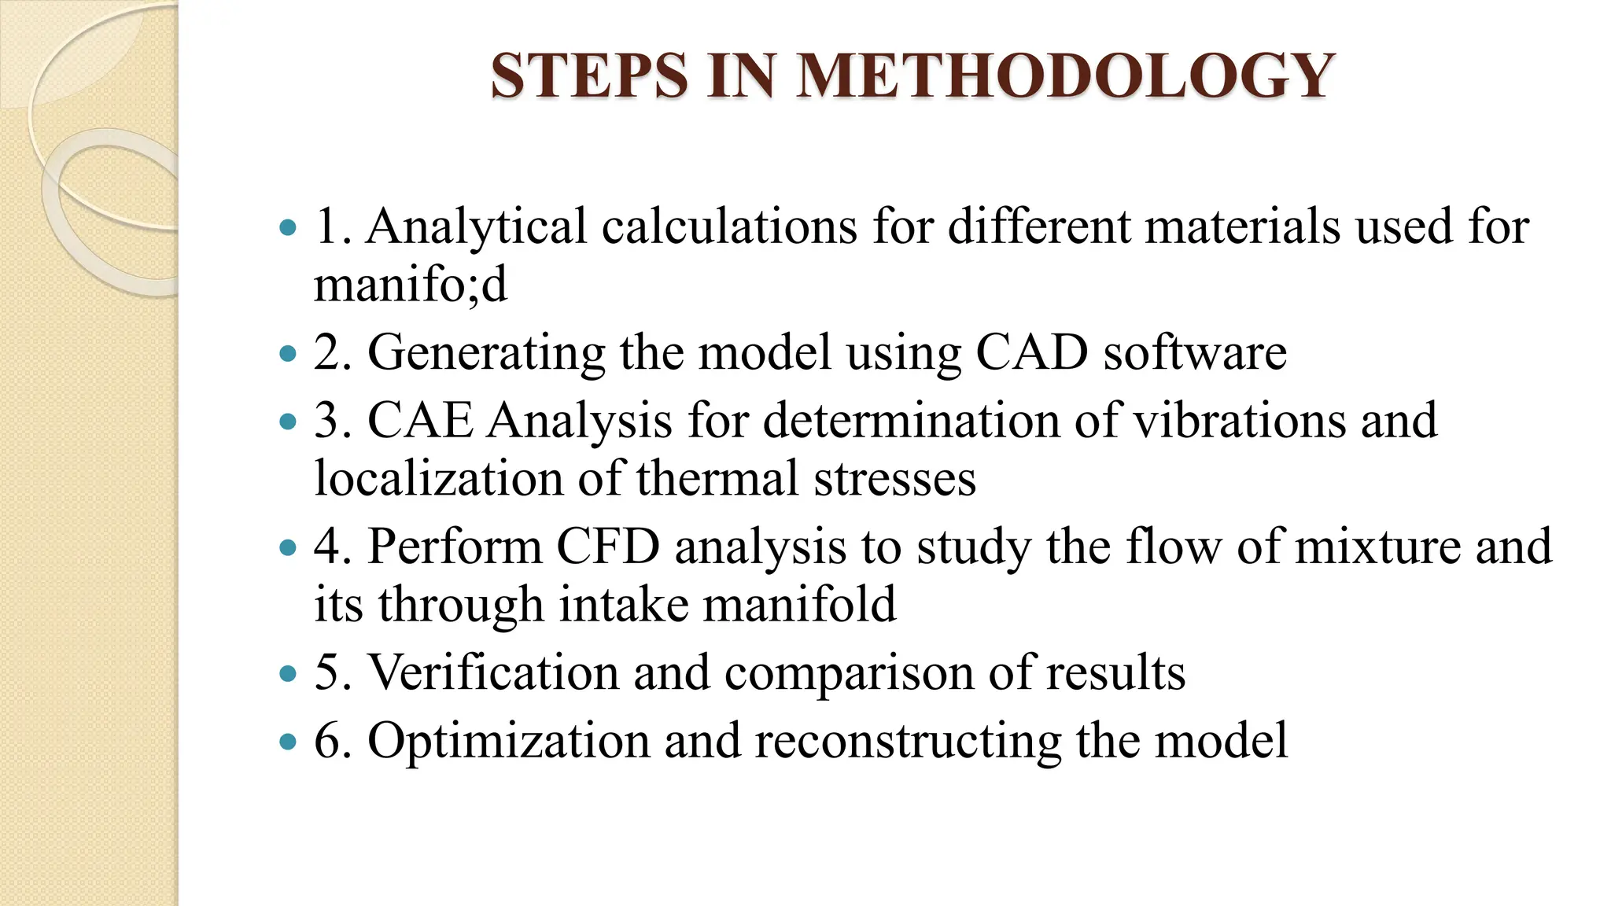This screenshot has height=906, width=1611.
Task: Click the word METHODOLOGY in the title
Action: [x=1065, y=75]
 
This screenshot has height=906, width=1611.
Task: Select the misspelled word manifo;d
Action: [x=411, y=284]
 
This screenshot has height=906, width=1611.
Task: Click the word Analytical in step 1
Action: [x=477, y=226]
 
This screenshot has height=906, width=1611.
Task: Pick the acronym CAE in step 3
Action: [x=420, y=420]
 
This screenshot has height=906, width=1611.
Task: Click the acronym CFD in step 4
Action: [x=608, y=546]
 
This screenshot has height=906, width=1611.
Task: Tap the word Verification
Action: [x=493, y=672]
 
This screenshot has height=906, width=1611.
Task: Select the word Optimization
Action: [x=508, y=741]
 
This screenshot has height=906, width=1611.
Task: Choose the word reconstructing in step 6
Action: [x=908, y=741]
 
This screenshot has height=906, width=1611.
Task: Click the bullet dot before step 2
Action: [x=289, y=353]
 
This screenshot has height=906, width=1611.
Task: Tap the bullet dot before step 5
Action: [x=289, y=674]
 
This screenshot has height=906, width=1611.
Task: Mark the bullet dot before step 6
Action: [x=289, y=742]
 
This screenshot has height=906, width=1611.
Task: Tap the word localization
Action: [x=439, y=478]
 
